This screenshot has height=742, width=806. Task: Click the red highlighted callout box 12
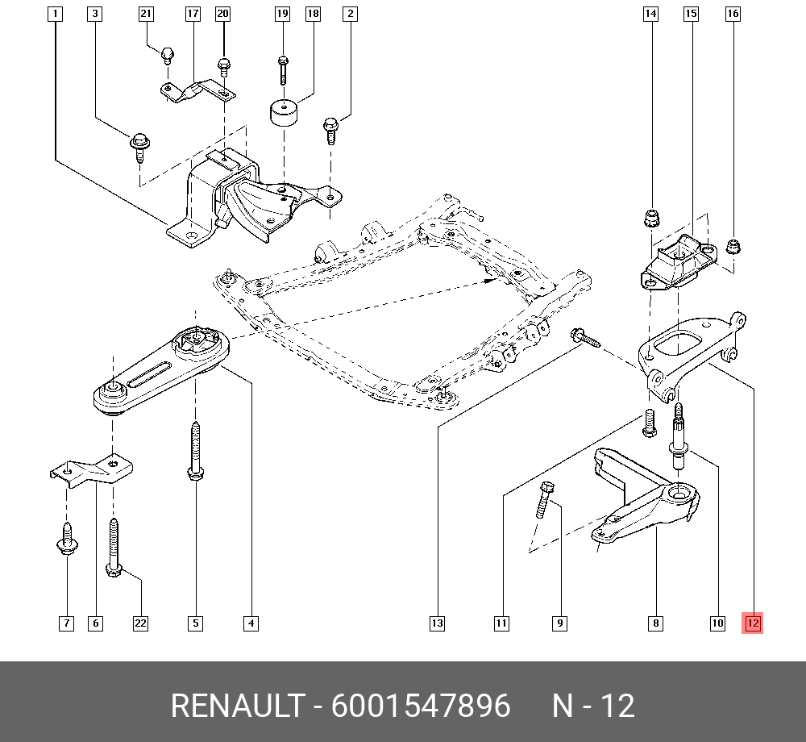pos(752,623)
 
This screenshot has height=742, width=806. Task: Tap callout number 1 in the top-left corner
pos(54,14)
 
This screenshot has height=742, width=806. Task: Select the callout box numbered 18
pos(313,14)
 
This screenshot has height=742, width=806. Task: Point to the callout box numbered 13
pos(436,623)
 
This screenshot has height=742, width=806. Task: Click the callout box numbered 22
pos(140,623)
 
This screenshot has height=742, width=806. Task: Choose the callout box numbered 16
pos(733,14)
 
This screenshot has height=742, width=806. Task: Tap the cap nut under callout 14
pos(651,218)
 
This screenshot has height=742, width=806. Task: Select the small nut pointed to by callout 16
pos(733,245)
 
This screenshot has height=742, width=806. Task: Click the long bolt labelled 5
pos(195,452)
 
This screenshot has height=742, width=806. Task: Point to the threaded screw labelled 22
pos(113,548)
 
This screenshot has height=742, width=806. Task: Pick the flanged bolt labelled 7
pos(66,539)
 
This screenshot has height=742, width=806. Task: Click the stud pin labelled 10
pos(678,436)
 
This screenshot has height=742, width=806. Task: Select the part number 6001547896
pos(421,707)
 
